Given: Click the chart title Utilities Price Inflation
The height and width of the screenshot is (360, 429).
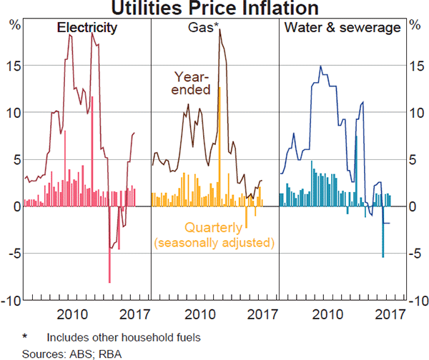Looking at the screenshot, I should pos(214,9).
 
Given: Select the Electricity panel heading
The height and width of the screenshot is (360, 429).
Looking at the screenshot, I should pos(87,29).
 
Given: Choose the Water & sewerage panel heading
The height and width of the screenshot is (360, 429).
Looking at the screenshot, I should pos(342,29).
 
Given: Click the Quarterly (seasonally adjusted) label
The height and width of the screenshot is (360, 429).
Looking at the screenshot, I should pos(214,236).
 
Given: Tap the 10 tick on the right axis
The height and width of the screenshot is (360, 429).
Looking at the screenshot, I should pos(414,112).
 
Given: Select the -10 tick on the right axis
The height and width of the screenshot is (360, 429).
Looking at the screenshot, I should pos(413,300).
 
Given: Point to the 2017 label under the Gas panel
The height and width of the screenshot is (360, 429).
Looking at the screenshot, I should pos(262,314).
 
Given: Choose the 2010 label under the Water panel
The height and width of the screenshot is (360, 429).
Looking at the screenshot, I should pos(329,314).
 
